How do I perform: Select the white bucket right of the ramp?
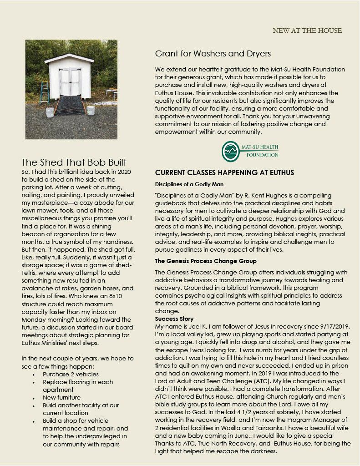coord(91,111)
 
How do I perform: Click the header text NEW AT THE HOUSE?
coord(307,30)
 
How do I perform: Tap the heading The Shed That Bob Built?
coord(74,162)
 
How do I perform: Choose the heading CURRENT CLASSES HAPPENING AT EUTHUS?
coord(224,173)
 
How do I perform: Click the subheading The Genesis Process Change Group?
coord(206,261)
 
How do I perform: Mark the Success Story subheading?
coord(174,319)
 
